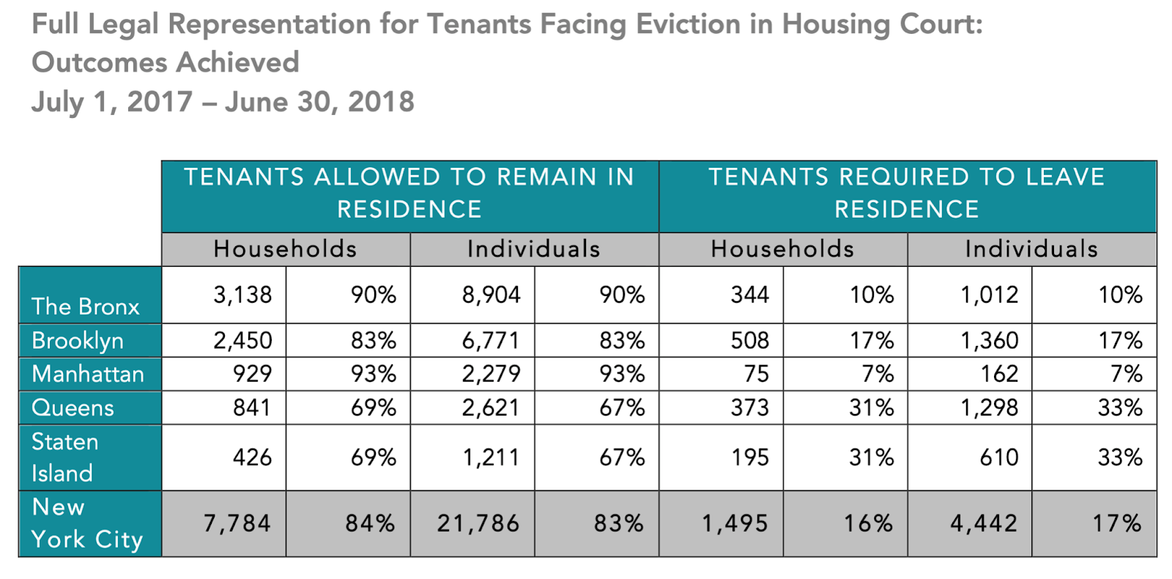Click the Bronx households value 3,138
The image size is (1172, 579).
pos(242,295)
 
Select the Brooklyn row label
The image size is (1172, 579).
pos(78,341)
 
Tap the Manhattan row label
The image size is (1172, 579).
pos(88,374)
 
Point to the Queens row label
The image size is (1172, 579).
pos(73,407)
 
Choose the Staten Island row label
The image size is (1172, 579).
pos(64,457)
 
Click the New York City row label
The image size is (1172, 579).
pos(86,523)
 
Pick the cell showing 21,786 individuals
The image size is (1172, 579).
pos(478,523)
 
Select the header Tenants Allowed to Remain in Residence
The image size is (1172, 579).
pos(409,193)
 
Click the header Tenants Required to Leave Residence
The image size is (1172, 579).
pos(907,193)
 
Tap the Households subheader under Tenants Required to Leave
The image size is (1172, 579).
pos(782,249)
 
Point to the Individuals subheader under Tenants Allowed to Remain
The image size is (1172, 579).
pos(534,249)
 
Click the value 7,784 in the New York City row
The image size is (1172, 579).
pos(237,523)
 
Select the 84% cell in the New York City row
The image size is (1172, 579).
pos(370,523)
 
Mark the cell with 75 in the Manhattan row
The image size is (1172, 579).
pos(756,374)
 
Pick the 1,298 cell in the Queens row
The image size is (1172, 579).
pos(990,407)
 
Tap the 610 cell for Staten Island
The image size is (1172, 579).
pos(999,457)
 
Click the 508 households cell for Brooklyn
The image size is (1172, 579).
pos(750,341)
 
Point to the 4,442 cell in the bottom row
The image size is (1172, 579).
pos(984,523)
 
